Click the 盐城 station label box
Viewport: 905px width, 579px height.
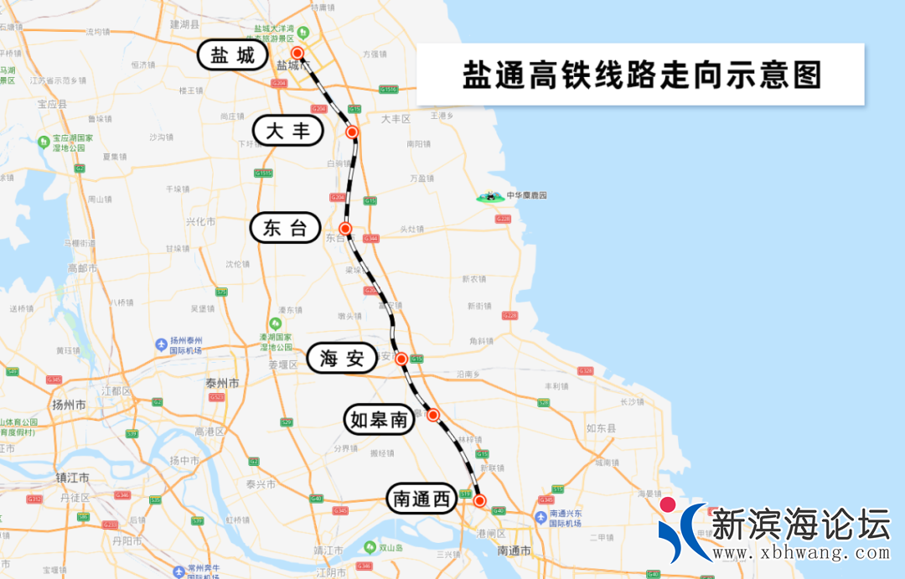232,55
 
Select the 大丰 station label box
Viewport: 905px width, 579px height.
287,131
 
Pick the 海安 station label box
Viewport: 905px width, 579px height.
342,359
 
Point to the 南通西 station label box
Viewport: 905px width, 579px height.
421,499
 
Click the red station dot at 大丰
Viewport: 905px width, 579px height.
352,132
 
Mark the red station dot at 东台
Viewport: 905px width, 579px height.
344,229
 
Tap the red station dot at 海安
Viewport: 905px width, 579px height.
401,359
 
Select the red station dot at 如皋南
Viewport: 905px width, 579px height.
433,414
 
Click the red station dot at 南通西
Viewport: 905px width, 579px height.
479,500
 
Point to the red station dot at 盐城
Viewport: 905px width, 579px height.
297,53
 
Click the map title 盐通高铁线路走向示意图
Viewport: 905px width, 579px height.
640,75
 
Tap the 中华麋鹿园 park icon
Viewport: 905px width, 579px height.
486,196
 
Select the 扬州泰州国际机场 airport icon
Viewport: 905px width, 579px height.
161,344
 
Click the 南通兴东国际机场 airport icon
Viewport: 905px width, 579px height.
542,517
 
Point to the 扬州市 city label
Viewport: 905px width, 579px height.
69,404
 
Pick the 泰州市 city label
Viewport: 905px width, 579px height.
222,383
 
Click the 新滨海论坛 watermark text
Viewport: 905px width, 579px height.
799,525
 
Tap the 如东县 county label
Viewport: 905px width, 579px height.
601,428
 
